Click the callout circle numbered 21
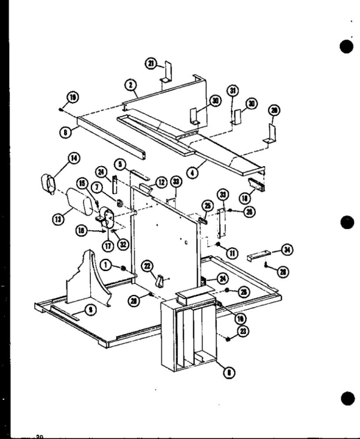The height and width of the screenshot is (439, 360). [151, 62]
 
